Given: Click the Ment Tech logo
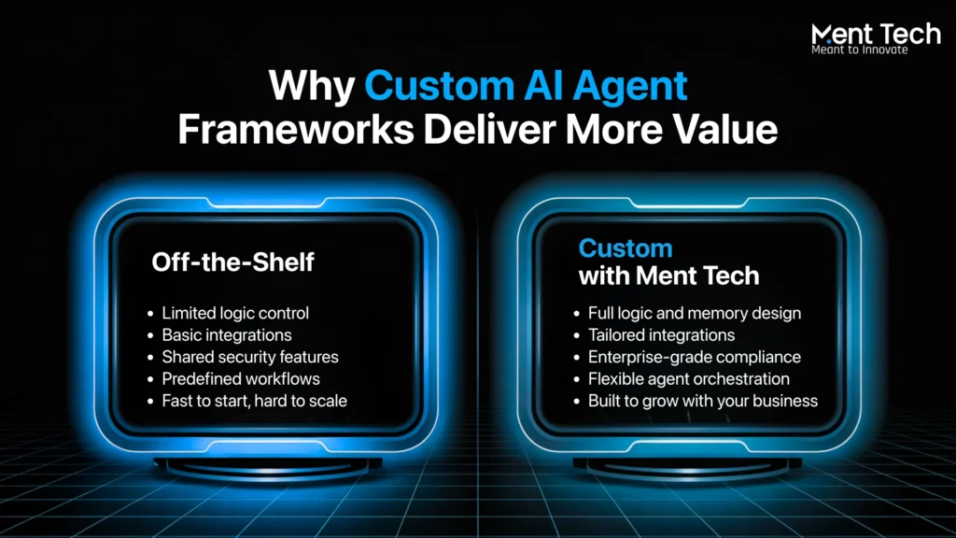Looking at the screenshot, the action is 876,38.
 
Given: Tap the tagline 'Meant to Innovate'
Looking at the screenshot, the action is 860,50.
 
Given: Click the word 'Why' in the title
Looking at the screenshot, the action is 312,86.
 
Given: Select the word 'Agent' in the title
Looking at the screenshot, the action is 630,87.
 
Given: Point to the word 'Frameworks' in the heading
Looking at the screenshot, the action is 296,130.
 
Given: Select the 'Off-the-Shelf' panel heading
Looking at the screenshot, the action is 232,262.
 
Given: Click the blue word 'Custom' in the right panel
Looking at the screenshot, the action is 626,248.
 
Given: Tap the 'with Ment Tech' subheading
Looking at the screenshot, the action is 668,276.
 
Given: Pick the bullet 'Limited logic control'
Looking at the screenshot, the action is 235,314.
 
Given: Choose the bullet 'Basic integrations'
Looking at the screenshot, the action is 227,335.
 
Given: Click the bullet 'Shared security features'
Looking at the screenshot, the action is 250,358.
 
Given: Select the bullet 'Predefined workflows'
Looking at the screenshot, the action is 241,379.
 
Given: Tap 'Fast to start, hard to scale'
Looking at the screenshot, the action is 254,402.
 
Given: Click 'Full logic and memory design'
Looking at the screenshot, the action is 695,314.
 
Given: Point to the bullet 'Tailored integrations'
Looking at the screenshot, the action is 662,335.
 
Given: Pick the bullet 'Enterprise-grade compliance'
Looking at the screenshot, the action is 695,358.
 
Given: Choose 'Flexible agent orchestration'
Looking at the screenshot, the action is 689,379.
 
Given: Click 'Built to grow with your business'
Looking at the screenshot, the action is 703,402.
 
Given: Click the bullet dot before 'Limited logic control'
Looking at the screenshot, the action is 150,314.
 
